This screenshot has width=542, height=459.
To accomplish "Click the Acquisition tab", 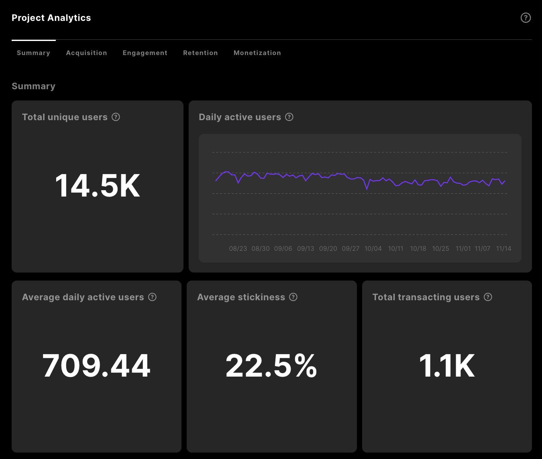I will [86, 53].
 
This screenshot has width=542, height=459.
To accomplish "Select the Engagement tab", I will [145, 53].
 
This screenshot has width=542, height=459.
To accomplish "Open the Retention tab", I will [200, 53].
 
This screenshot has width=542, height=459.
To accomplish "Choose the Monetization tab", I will [257, 53].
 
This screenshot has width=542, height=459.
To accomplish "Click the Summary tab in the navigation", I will [33, 53].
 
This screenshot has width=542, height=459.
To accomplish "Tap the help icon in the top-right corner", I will [526, 18].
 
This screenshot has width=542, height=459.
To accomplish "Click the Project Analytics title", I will [51, 18].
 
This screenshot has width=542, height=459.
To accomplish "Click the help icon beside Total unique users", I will [116, 117].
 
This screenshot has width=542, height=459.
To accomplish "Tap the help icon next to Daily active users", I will [289, 117].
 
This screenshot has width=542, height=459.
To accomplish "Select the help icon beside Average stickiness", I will [293, 297].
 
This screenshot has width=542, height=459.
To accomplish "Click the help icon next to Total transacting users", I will [488, 297].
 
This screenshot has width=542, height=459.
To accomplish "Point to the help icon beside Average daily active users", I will [152, 297].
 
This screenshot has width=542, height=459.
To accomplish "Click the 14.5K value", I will [98, 186].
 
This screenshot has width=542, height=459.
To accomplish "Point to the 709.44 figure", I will [96, 366].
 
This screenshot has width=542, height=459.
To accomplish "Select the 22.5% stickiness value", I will [271, 366].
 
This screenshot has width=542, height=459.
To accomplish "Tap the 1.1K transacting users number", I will [447, 366].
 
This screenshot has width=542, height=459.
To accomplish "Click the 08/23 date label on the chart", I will [238, 248].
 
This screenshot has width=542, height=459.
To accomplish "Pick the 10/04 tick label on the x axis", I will [373, 248].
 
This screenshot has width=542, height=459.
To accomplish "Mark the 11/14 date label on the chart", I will [503, 248].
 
